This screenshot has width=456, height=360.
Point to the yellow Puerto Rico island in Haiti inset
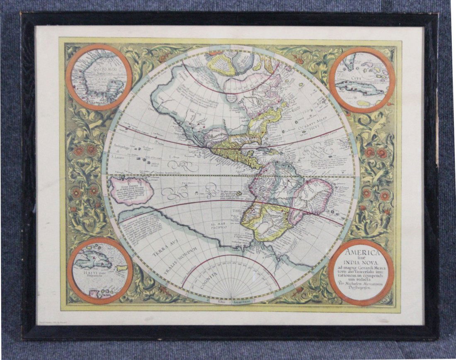click(121, 268)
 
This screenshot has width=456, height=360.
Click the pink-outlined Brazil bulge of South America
click(311, 199)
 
